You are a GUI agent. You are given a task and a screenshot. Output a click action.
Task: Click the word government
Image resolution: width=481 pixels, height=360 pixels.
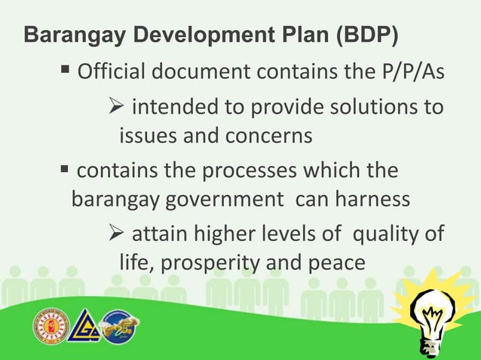[228, 200]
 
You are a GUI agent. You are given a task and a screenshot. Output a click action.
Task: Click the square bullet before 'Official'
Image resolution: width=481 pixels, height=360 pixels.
[66, 73]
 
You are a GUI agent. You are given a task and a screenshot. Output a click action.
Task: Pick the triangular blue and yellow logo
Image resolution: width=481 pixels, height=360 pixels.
[83, 326]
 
